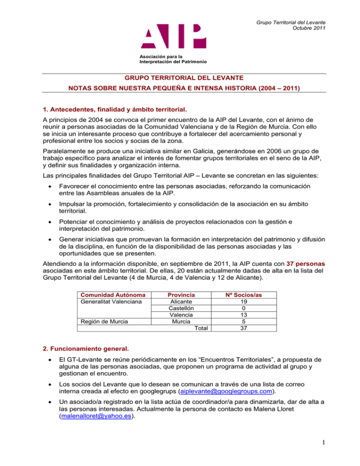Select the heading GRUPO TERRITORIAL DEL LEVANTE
tap(180, 79)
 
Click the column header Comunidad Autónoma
tap(108, 295)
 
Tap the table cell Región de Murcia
tap(97, 322)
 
